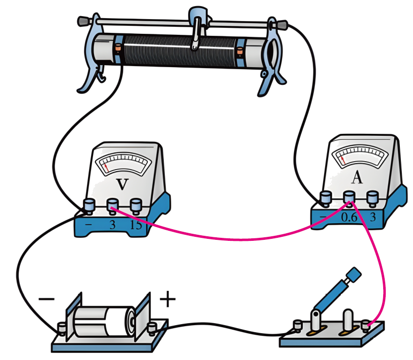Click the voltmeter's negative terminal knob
coord(89,205)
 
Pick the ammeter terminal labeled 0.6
coord(349,197)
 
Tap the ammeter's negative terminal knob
coord(326,197)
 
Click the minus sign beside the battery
coord(46,299)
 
